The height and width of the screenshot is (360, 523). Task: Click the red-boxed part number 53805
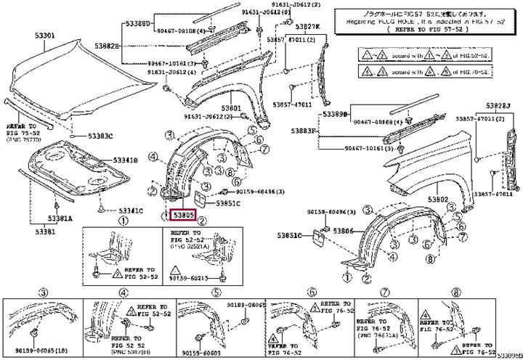click(x=182, y=215)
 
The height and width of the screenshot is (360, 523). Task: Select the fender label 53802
click(x=438, y=199)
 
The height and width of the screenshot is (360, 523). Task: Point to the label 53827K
click(x=306, y=27)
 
